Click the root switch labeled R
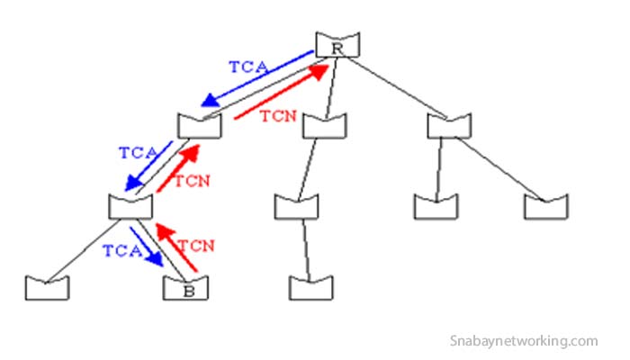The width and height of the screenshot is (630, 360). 337,44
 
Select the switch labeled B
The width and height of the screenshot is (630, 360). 185,287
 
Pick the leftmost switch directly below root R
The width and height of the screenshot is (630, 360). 199,126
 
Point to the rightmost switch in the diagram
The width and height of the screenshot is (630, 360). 546,206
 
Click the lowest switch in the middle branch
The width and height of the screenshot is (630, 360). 311,287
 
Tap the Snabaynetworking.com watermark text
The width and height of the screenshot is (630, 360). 524,341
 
